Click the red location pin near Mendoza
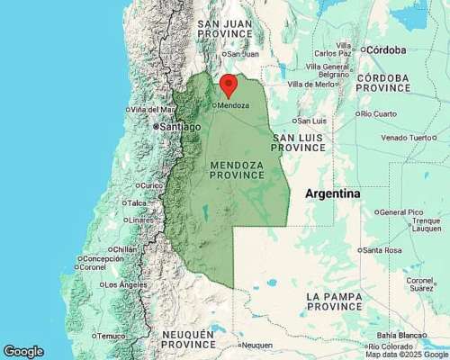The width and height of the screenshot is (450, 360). (x=229, y=85)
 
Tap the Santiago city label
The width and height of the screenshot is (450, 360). (x=179, y=127)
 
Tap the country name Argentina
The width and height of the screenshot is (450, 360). (x=332, y=194)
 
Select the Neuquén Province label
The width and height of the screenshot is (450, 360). (x=188, y=338)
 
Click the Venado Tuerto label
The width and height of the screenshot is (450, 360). (x=408, y=138)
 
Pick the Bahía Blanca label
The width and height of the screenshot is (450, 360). (x=400, y=335)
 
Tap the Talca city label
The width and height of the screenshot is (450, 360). (x=137, y=203)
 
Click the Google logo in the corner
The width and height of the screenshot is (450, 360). (x=23, y=351)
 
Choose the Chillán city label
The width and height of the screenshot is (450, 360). (x=125, y=249)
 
